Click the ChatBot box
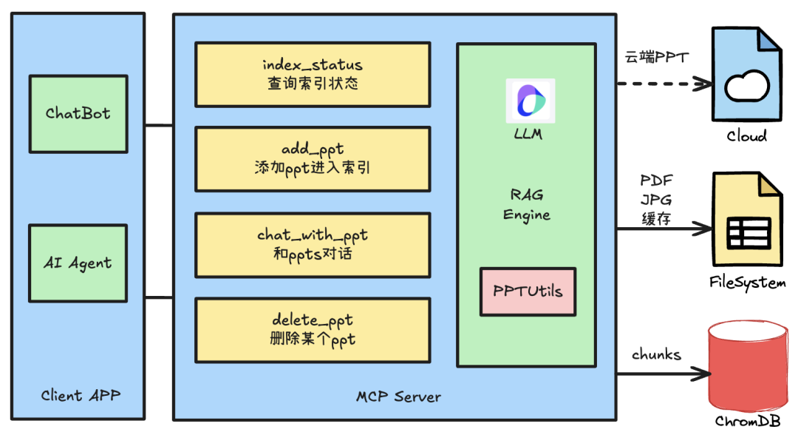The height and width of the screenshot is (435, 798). (78, 112)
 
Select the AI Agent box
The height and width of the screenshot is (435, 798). (78, 262)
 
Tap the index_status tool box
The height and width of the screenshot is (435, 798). (313, 74)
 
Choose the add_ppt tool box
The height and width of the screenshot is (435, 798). (313, 158)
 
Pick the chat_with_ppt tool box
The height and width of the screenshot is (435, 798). (313, 244)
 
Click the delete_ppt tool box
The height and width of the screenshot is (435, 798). (313, 330)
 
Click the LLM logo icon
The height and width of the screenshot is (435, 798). (530, 101)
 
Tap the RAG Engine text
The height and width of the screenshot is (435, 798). (527, 204)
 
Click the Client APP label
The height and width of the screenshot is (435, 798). (81, 395)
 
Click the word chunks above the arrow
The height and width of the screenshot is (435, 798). (656, 354)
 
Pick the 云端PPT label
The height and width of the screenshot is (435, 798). (656, 58)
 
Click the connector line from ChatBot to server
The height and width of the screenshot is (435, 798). (159, 126)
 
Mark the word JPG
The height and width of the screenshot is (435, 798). (656, 199)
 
